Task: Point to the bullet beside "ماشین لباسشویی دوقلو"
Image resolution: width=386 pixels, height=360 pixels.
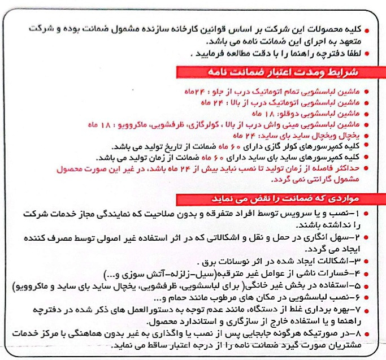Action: (x=368, y=114)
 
